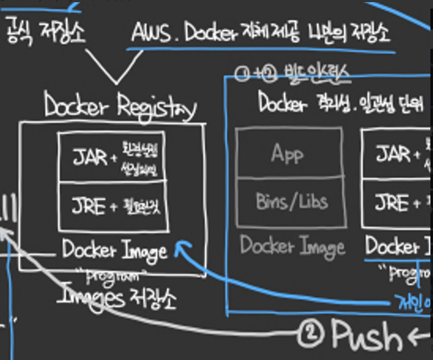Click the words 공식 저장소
click(46, 31)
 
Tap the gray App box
click(287, 153)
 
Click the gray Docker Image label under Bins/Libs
click(292, 246)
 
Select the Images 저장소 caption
click(117, 298)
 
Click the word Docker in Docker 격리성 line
click(281, 102)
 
